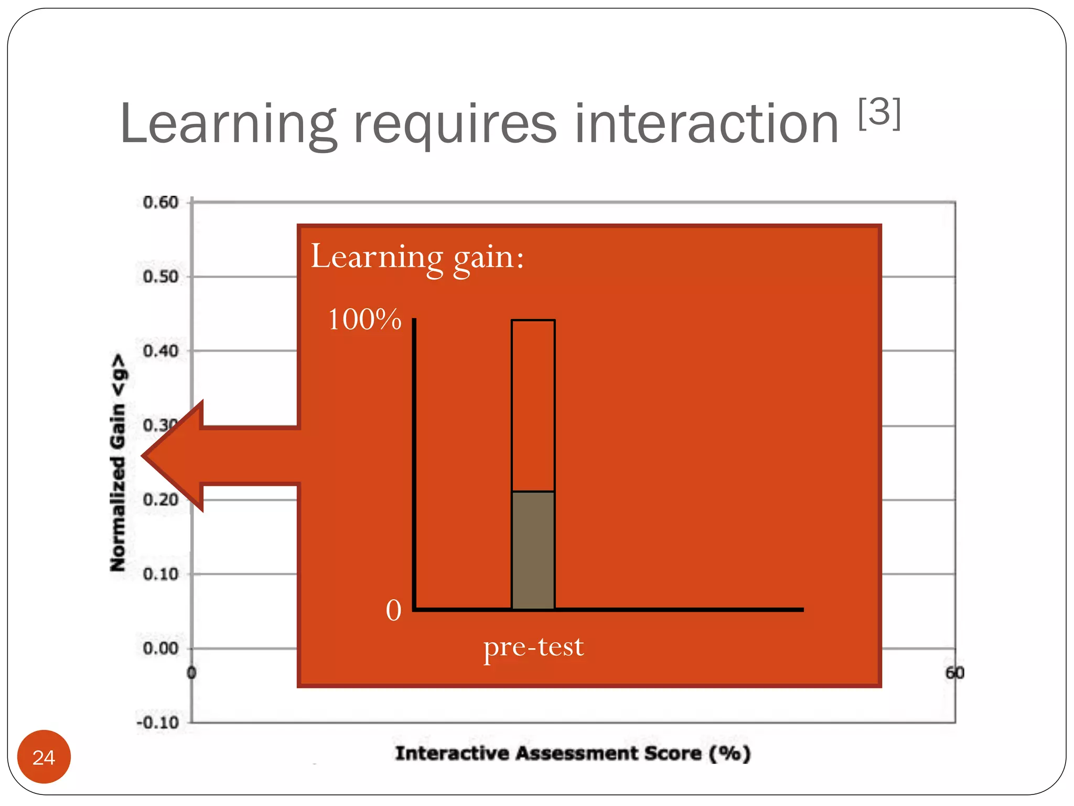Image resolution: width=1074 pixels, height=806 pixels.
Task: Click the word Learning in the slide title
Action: click(x=228, y=125)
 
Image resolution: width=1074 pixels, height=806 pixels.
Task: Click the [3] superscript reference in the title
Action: click(x=880, y=113)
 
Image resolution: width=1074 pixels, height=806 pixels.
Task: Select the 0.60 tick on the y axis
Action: click(x=160, y=203)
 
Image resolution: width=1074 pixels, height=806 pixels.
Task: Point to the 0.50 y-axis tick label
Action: click(x=160, y=277)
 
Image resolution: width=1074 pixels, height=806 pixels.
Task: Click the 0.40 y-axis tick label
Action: click(x=160, y=351)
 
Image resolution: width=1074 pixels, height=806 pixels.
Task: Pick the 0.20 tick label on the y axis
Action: click(x=160, y=500)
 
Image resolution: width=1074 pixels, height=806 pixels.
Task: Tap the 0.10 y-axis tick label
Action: click(x=160, y=574)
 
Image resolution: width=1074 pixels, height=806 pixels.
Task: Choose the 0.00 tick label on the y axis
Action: click(x=160, y=649)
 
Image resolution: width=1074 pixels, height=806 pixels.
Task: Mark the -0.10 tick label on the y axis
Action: click(x=158, y=723)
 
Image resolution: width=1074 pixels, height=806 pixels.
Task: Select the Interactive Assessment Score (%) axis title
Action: click(x=573, y=754)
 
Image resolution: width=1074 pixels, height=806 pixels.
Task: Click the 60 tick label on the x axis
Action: click(x=954, y=673)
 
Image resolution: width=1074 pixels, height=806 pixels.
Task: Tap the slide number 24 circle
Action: click(x=44, y=757)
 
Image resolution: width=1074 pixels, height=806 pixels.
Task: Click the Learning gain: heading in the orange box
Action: click(x=417, y=257)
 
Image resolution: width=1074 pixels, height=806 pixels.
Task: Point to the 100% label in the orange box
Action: click(x=364, y=319)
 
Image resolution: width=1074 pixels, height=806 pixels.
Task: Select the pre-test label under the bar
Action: click(x=533, y=646)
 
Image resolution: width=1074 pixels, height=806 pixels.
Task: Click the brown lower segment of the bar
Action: click(x=533, y=550)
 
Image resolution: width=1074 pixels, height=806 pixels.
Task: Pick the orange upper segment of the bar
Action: click(x=533, y=405)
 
